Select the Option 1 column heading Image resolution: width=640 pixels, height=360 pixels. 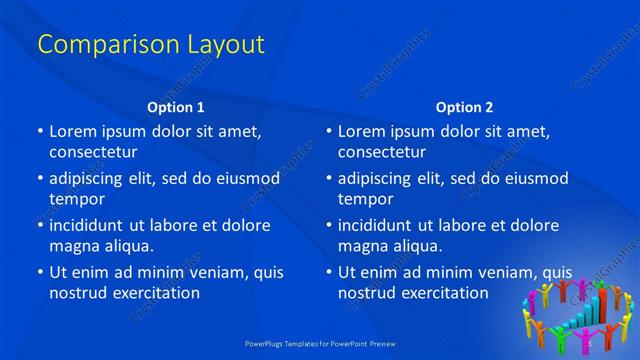click(176, 107)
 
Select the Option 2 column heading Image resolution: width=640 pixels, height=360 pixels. click(464, 107)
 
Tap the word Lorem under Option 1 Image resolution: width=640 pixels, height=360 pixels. click(73, 131)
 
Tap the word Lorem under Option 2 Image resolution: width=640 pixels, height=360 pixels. click(362, 131)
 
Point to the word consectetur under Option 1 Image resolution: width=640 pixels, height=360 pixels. click(93, 152)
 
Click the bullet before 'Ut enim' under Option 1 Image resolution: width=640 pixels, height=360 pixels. click(40, 272)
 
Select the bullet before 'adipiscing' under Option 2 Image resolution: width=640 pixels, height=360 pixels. click(329, 179)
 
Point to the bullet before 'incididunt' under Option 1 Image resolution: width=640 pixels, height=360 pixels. click(40, 225)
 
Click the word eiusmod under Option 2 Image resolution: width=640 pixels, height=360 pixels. click(538, 179)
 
